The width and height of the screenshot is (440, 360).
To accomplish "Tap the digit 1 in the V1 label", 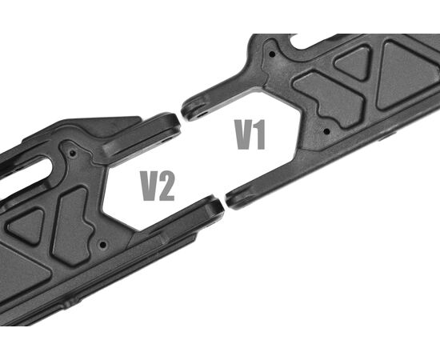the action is pos(260,134).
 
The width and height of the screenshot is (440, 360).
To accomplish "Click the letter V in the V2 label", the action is pos(150,186).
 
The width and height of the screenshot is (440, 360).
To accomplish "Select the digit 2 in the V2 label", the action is pos(166,186).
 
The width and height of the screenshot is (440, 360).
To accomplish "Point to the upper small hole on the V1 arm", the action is pos(272,54).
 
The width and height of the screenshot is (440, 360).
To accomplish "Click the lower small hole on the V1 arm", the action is pos(326,131).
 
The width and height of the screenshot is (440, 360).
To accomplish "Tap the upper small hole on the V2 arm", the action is pos(72,154).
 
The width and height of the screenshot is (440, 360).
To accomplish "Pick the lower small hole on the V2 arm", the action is pos(103,245).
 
